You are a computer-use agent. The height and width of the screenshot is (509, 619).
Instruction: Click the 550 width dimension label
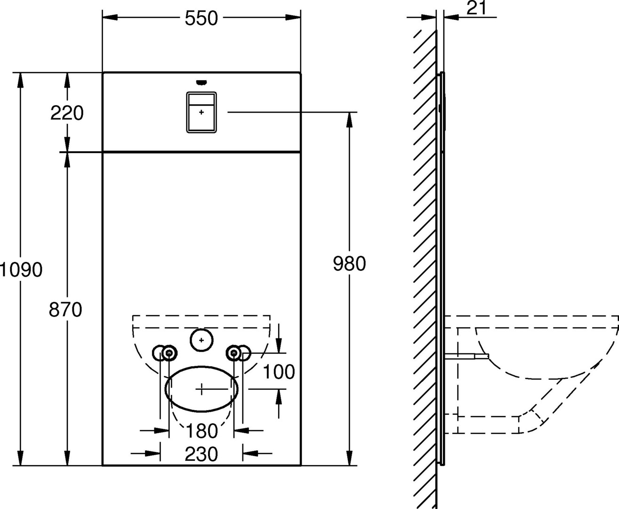[x=201, y=18]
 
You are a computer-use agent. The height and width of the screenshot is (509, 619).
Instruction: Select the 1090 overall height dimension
[x=21, y=270]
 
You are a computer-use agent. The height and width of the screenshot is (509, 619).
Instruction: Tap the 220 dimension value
[x=67, y=113]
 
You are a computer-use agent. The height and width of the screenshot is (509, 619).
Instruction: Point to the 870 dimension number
[x=66, y=310]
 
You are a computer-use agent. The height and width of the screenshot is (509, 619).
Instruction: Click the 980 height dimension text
[x=349, y=264]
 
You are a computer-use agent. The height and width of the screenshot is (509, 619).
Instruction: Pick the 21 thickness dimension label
[x=476, y=8]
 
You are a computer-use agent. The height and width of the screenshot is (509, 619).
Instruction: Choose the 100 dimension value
[x=279, y=372]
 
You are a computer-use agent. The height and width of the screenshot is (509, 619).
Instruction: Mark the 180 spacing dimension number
[x=201, y=430]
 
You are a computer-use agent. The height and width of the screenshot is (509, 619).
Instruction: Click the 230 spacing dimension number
[x=201, y=454]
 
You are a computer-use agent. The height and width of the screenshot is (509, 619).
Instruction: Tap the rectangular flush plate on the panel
[x=201, y=112]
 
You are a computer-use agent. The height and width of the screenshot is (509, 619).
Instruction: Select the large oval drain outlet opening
[x=201, y=389]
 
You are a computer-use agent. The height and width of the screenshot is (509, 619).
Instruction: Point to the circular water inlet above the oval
[x=201, y=339]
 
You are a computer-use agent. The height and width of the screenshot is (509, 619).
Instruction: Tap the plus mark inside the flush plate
[x=201, y=112]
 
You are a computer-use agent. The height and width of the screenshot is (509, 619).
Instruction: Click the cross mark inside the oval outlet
[x=201, y=389]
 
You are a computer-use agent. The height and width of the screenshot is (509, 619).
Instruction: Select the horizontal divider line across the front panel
[x=201, y=152]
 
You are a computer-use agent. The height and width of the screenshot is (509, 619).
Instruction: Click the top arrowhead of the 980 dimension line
[x=349, y=120]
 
